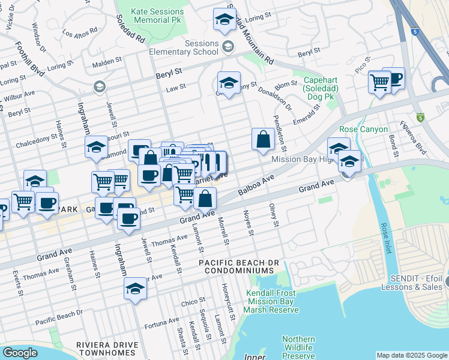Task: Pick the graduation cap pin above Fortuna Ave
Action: [x=136, y=288]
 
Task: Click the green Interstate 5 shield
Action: [x=420, y=118]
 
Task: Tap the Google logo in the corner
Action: [x=20, y=353]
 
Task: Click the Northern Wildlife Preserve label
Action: [x=298, y=347]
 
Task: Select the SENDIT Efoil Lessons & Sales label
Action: [x=415, y=282]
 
